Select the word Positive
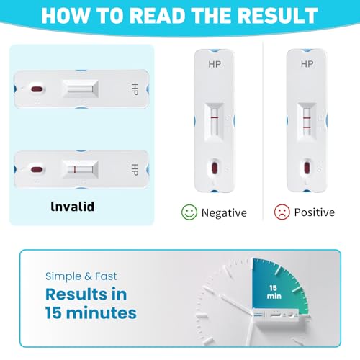coord(314,212)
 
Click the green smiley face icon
coord(189,212)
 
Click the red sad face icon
coord(282,212)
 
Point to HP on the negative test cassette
coord(214,65)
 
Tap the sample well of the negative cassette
coord(214,168)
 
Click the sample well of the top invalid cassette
coord(36,89)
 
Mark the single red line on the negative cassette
coord(214,116)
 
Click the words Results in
coord(85,294)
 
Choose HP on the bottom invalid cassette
coord(134,170)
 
